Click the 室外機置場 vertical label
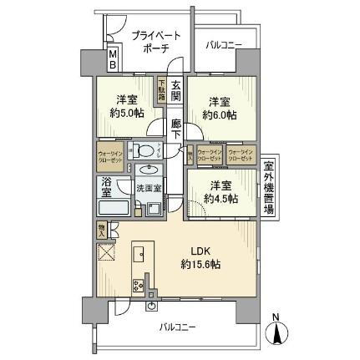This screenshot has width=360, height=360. click(269, 188)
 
